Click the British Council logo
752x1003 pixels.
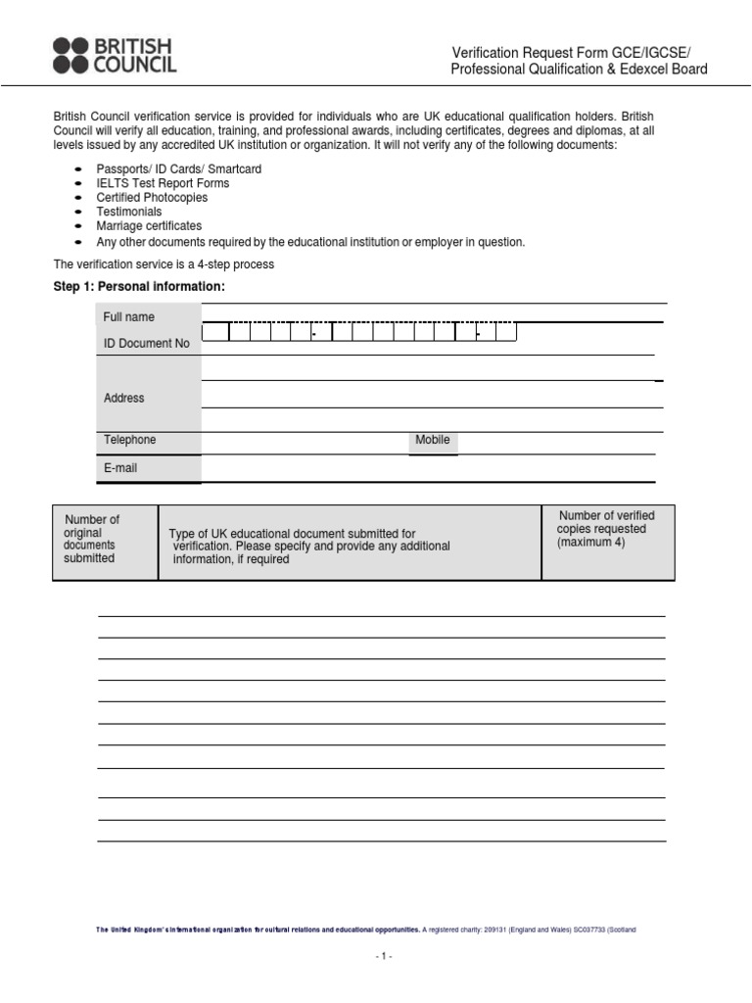tap(116, 55)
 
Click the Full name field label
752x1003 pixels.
tap(129, 317)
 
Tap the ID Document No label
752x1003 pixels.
tap(147, 344)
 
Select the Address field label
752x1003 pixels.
tap(123, 398)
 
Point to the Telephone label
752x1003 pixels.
tap(129, 440)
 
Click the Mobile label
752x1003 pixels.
tap(433, 440)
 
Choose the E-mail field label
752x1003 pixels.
tap(120, 468)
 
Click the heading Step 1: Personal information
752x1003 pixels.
tap(138, 286)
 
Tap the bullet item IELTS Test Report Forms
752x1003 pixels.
tap(163, 183)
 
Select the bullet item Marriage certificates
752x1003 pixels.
tap(149, 226)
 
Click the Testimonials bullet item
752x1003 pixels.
tap(129, 212)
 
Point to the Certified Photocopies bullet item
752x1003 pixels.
tap(152, 198)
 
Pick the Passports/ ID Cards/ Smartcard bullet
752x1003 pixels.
tap(178, 169)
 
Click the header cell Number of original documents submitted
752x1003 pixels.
tap(91, 539)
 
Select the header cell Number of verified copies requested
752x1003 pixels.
tap(606, 529)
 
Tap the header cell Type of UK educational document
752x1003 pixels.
tap(309, 547)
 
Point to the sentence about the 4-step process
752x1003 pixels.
tap(164, 264)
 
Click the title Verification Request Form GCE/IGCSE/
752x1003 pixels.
tap(578, 52)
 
